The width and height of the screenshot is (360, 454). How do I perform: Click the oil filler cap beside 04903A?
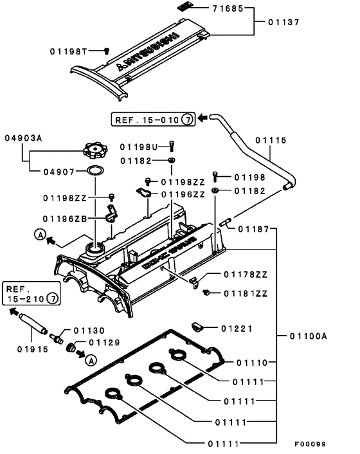pyautogui.click(x=94, y=152)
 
